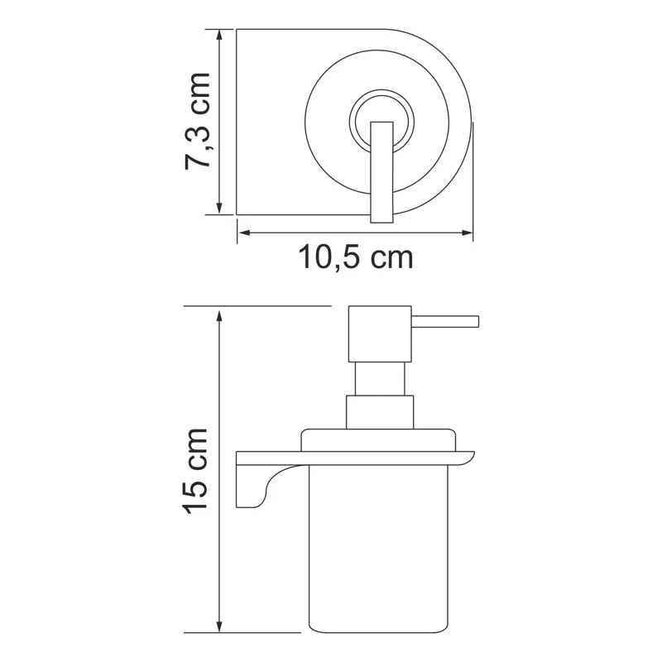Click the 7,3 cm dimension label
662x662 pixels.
198,121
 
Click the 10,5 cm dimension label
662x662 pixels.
355,258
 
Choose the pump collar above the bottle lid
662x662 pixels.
379,411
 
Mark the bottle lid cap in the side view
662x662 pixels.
379,439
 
